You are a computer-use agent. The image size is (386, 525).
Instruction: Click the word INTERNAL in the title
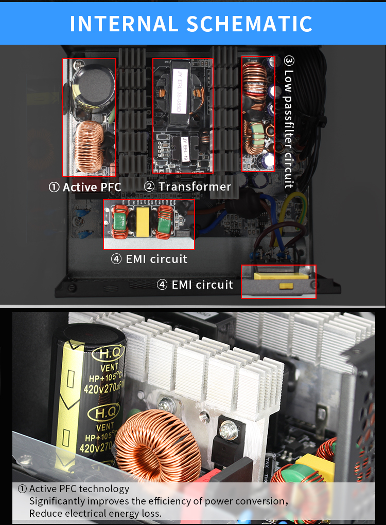click(121, 24)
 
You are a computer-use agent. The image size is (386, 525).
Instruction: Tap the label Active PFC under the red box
click(92, 188)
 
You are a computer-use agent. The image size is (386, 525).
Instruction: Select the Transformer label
click(195, 186)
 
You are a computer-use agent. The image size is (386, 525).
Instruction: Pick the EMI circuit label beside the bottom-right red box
click(202, 285)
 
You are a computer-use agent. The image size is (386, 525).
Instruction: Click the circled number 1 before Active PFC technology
click(23, 489)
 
